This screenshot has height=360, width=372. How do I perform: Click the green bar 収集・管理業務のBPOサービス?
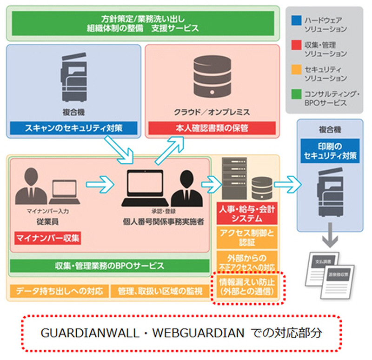tap(110, 266)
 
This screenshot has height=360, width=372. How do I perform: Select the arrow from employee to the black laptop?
tap(100, 183)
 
